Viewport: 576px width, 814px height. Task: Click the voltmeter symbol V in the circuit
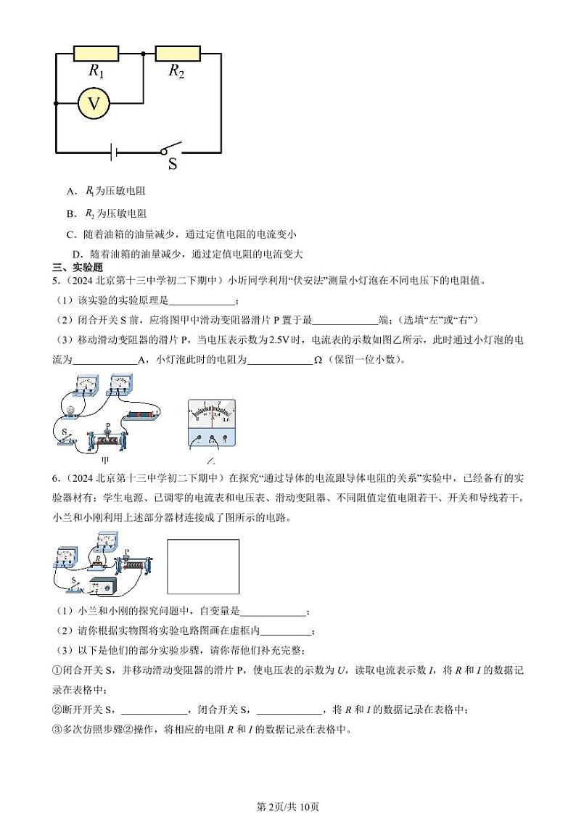pos(94,104)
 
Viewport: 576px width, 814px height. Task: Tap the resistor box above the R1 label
pos(96,53)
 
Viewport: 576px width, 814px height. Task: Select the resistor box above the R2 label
pos(178,53)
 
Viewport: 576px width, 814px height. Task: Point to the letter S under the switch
pos(173,164)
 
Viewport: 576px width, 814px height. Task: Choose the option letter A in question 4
pos(71,192)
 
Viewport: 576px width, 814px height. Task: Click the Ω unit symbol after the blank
pos(317,360)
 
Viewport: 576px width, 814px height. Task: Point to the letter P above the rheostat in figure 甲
pos(108,426)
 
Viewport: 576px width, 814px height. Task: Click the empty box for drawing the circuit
pos(203,567)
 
